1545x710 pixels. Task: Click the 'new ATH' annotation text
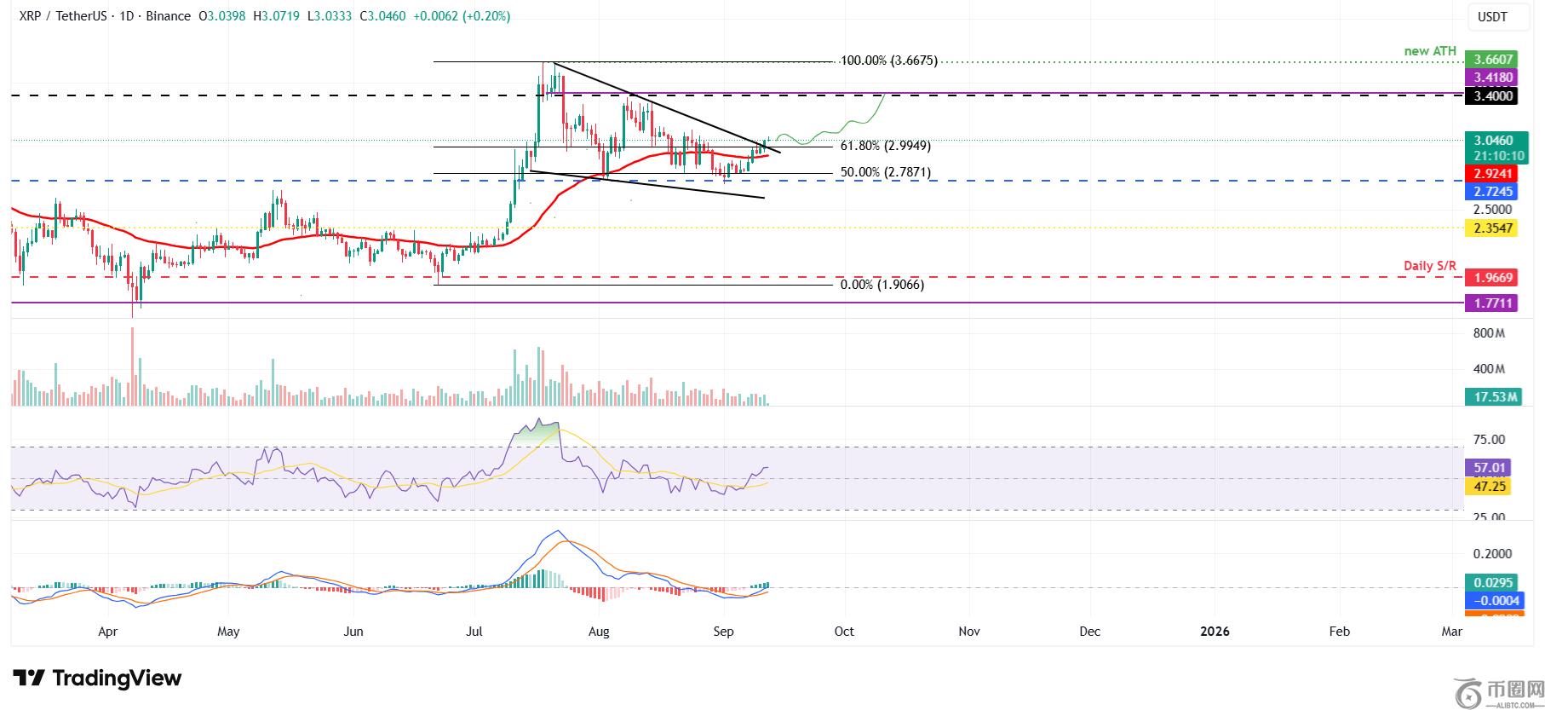1430,51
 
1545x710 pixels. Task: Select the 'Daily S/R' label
1430,266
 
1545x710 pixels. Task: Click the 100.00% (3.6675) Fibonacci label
888,61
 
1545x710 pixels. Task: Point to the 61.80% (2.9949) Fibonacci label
885,146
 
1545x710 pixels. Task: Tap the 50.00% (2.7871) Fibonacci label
885,172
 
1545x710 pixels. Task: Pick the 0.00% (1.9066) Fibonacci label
882,285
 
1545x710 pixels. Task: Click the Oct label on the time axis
844,632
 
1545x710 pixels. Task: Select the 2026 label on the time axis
1215,632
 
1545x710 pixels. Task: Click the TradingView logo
97,678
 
